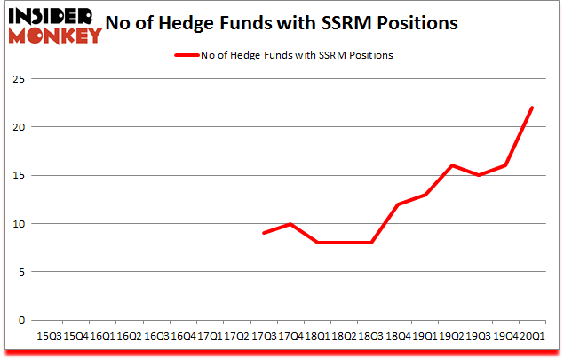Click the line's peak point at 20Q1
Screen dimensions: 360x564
click(x=532, y=108)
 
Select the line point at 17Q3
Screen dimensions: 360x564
click(x=264, y=233)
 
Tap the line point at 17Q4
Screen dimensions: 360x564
click(x=290, y=224)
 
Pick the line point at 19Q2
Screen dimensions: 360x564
click(x=451, y=165)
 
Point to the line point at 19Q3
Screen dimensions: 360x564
click(x=478, y=175)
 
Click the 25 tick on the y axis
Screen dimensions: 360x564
click(x=20, y=79)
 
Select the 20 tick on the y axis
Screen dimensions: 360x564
click(x=20, y=127)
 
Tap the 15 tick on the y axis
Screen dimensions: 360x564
click(x=20, y=176)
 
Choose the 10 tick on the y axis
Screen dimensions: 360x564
click(x=20, y=224)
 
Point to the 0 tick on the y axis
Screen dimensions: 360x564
click(x=23, y=320)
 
